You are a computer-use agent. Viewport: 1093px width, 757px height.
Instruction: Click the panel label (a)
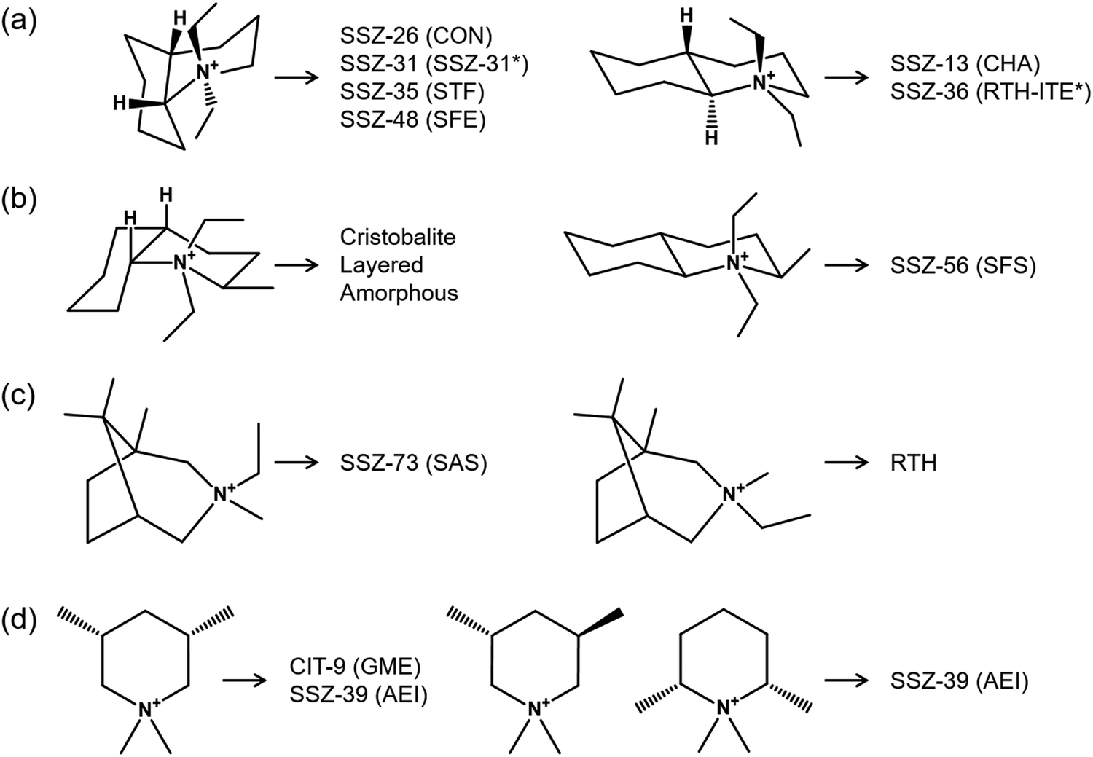(18, 23)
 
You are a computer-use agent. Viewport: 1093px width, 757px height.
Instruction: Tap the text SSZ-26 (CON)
(416, 36)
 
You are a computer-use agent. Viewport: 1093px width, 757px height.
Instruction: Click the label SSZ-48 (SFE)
(413, 120)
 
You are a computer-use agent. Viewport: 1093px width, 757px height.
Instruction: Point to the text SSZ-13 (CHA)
(965, 64)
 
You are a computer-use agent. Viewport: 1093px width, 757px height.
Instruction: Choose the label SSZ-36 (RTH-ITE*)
(990, 93)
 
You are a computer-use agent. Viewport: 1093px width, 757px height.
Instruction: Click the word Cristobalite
(398, 237)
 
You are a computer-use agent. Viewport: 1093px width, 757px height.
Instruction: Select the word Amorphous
(399, 293)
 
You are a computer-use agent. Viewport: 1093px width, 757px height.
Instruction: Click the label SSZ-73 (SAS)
(414, 463)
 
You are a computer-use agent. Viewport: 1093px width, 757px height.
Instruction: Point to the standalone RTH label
(914, 463)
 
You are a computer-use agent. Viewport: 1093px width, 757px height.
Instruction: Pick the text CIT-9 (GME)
(356, 667)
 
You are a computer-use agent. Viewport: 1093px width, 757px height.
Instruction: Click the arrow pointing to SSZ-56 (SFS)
(847, 265)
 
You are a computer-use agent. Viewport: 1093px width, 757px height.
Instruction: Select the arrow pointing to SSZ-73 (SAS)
(297, 463)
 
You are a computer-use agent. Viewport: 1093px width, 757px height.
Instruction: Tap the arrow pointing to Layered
(297, 265)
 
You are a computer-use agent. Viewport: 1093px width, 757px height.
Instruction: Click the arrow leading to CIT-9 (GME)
(246, 680)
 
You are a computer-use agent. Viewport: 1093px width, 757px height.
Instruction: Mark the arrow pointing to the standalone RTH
(847, 463)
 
